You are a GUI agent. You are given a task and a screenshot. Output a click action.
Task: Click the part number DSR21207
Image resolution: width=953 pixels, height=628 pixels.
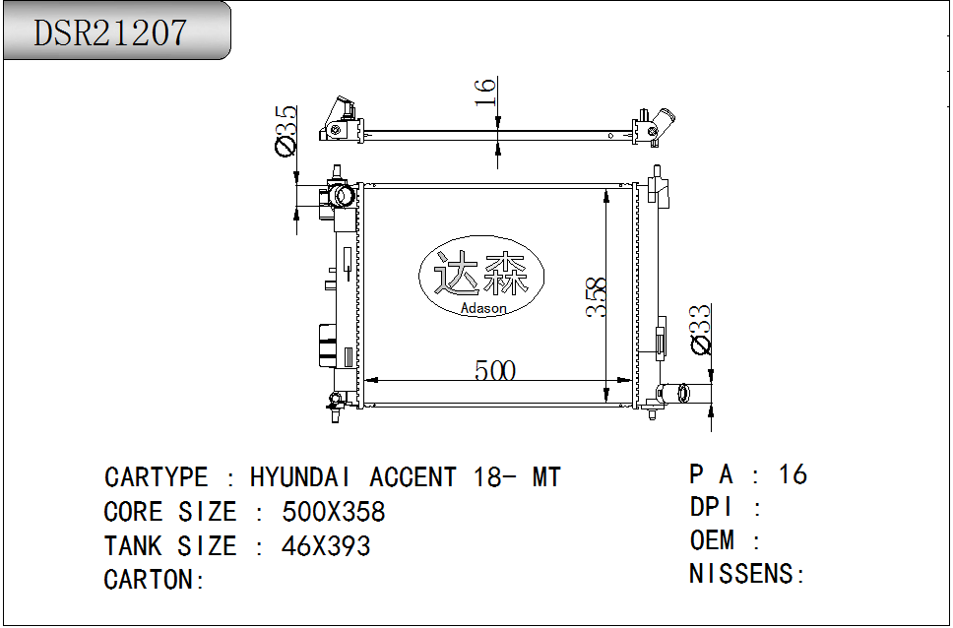[110, 32]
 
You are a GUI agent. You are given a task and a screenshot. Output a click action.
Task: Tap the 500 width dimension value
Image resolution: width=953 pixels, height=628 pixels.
[495, 370]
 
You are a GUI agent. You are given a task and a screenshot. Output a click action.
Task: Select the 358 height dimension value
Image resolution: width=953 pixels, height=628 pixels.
[596, 296]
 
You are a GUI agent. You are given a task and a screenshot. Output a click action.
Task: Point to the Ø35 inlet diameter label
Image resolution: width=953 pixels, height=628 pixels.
[286, 131]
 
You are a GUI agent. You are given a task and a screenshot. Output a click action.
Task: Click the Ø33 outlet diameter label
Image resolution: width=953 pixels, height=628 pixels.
[700, 329]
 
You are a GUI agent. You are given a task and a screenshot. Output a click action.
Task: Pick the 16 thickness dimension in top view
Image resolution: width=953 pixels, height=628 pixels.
[485, 92]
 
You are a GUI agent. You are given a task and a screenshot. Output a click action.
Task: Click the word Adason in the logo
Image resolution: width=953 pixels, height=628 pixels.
[483, 308]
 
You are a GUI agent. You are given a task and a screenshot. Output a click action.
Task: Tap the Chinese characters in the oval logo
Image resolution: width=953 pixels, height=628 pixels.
[480, 274]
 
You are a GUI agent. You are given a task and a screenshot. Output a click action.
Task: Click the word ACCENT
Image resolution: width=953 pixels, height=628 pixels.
[413, 477]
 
